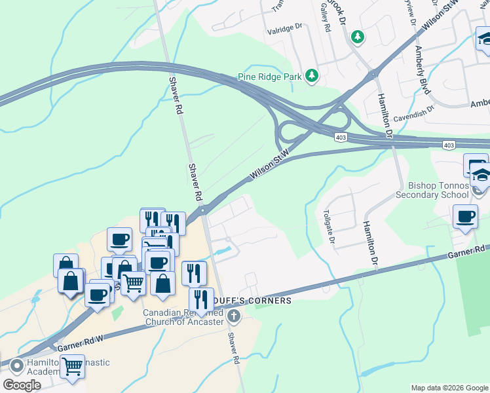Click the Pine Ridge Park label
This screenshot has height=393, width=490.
pyautogui.click(x=270, y=77)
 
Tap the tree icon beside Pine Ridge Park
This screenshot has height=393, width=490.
pyautogui.click(x=312, y=77)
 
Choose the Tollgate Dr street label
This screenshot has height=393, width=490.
pyautogui.click(x=329, y=227)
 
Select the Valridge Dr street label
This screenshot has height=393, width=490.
pyautogui.click(x=283, y=29)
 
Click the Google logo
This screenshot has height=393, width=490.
pyautogui.click(x=22, y=385)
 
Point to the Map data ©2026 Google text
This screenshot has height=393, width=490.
pyautogui.click(x=449, y=388)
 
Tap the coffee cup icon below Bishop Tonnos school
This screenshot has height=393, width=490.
pyautogui.click(x=465, y=217)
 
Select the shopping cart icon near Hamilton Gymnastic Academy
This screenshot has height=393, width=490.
pyautogui.click(x=72, y=367)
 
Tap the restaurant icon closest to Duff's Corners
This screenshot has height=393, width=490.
pyautogui.click(x=201, y=299)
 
